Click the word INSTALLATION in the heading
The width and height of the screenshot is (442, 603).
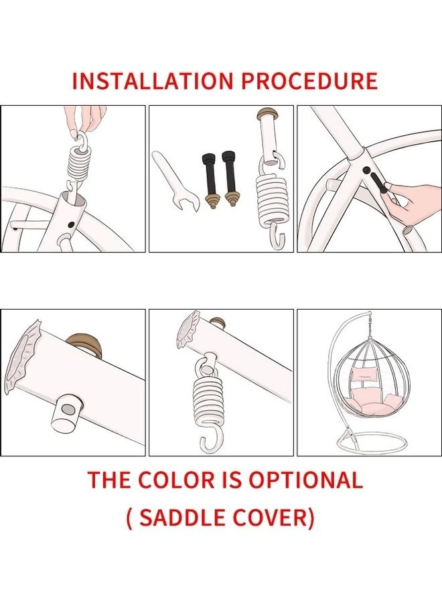pyautogui.click(x=153, y=80)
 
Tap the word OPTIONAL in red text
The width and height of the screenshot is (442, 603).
pyautogui.click(x=306, y=480)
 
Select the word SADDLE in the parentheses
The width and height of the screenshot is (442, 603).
pyautogui.click(x=183, y=517)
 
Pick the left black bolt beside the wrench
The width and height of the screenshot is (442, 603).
pyautogui.click(x=210, y=180)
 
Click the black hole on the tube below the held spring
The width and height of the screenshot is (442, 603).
pyautogui.click(x=71, y=224)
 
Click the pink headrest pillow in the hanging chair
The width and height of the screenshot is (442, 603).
pyautogui.click(x=363, y=373)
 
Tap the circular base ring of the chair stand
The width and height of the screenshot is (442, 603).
pyautogui.click(x=372, y=444)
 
